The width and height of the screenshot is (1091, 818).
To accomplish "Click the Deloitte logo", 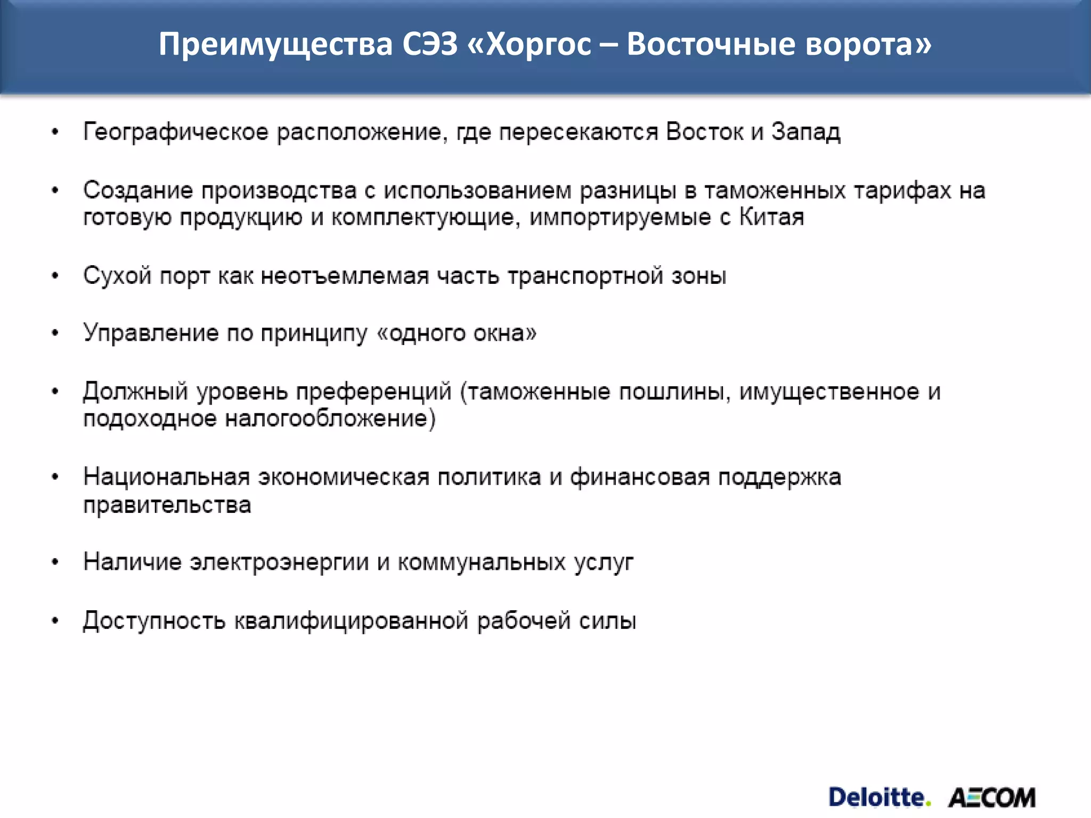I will click(879, 798).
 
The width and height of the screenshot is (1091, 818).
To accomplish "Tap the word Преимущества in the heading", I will click(275, 45).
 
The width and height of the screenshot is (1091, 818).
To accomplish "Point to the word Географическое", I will click(176, 132).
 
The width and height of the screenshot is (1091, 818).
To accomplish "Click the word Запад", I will click(806, 132).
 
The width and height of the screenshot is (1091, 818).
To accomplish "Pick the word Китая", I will click(771, 217).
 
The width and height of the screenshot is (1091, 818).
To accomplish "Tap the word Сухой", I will click(117, 276).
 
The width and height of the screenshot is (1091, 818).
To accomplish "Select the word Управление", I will click(151, 333).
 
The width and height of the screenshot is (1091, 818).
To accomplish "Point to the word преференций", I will click(373, 392).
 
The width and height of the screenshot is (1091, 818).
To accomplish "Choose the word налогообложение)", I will click(330, 419).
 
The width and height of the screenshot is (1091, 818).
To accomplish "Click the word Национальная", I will click(167, 477).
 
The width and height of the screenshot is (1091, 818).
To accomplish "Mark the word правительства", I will click(167, 505).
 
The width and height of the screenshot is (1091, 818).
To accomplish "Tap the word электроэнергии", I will click(279, 562).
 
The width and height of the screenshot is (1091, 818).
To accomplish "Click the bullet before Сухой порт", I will click(55, 276).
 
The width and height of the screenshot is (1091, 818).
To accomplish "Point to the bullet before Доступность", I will click(55, 621).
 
